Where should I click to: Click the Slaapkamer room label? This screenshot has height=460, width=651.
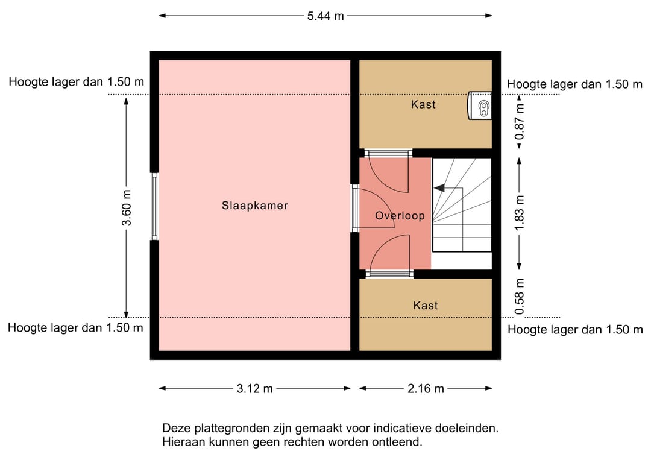[254, 206]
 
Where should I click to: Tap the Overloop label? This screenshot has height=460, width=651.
[400, 216]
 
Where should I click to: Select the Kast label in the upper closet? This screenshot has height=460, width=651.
[423, 104]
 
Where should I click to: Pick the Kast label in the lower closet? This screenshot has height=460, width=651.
[426, 306]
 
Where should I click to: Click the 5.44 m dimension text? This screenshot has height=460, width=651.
[325, 16]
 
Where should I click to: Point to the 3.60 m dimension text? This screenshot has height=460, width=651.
[126, 207]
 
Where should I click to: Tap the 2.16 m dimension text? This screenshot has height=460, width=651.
[426, 389]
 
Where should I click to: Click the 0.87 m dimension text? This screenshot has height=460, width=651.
[520, 122]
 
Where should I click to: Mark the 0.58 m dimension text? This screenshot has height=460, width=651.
[520, 296]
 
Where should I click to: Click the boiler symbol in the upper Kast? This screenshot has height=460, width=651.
[482, 107]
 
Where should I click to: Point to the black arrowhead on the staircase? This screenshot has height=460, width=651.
[439, 188]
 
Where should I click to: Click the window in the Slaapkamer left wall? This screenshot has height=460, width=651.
[154, 207]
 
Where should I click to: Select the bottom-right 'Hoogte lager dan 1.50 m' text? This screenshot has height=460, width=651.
[574, 330]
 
